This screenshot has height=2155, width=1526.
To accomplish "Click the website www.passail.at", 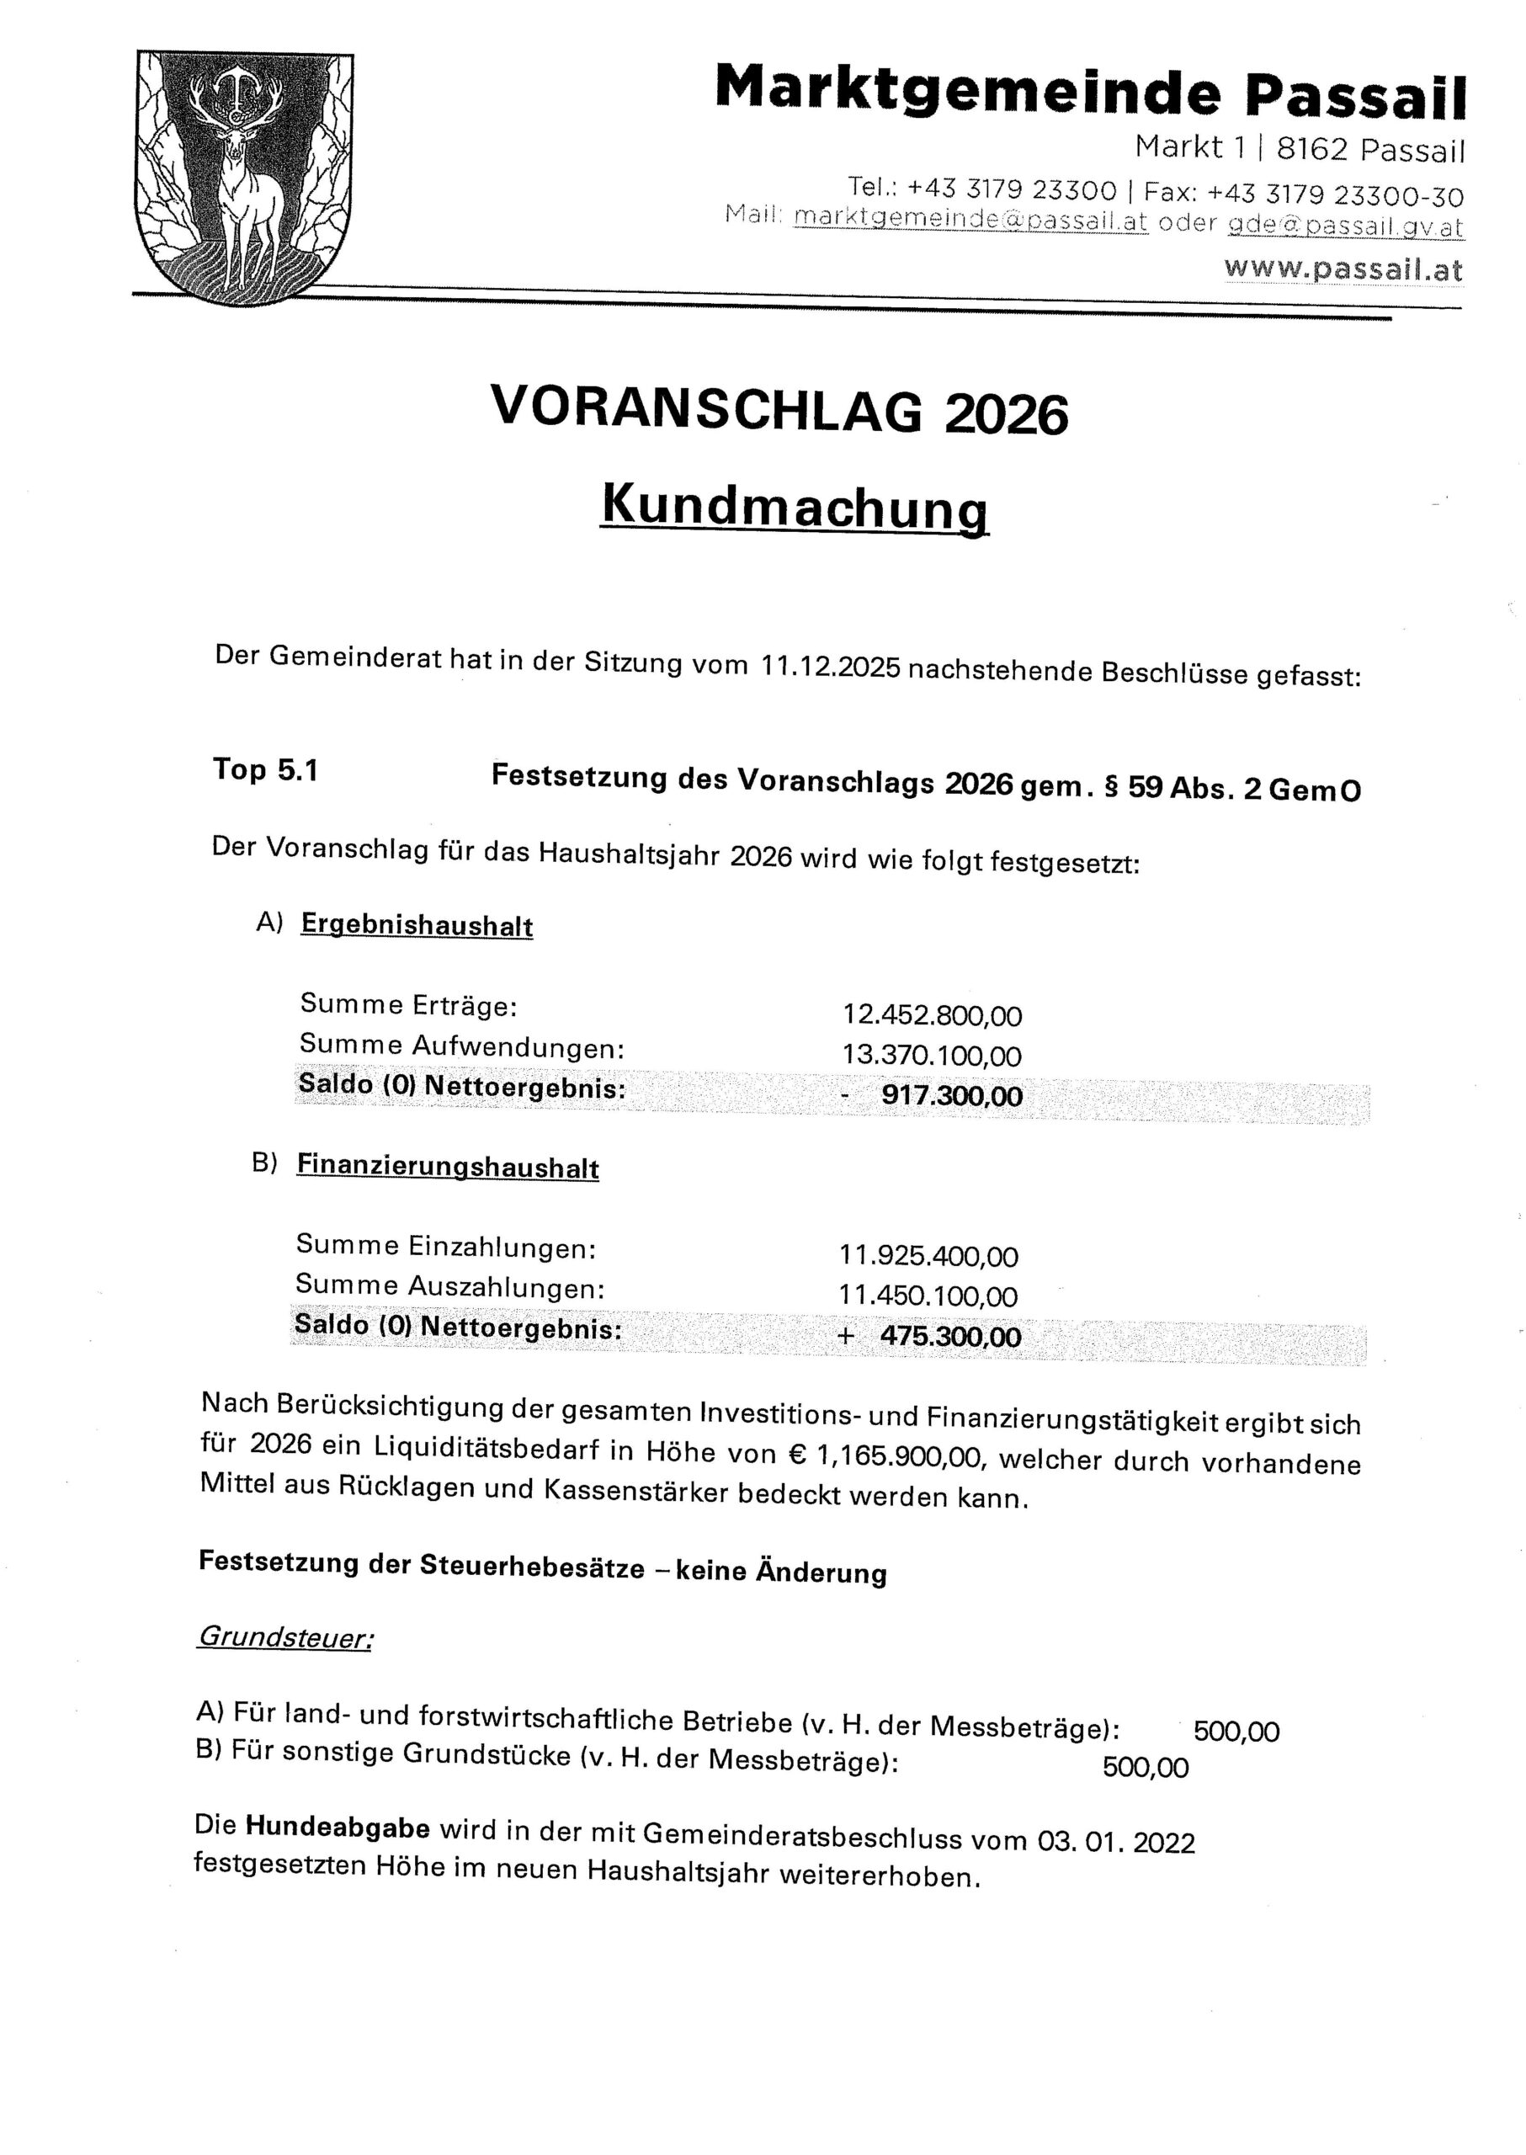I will click(1343, 269).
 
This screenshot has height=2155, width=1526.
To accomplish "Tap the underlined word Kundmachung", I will click(794, 505).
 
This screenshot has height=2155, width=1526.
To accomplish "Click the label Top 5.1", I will click(266, 769).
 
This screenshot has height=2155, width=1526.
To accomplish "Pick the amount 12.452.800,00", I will click(931, 1015).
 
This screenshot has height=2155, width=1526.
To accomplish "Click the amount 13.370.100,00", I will click(931, 1056).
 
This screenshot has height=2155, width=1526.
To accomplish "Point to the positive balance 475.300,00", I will click(949, 1337).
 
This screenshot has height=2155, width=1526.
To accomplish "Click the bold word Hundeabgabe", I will click(338, 1828).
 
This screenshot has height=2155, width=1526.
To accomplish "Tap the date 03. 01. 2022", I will click(1115, 1840).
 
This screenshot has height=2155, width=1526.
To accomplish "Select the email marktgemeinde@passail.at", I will click(970, 218).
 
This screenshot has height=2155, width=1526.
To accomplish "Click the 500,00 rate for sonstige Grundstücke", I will click(1145, 1768).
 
